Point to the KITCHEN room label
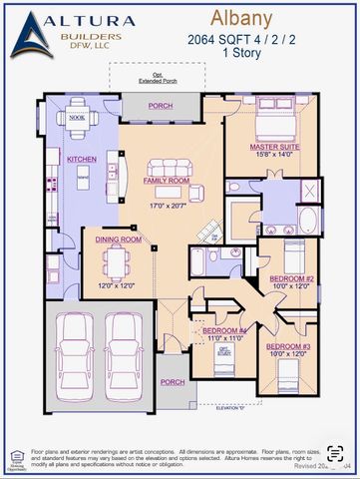[81, 160]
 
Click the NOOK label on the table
[77, 117]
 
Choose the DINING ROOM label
[118, 239]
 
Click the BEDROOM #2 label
[294, 278]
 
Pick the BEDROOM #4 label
[224, 330]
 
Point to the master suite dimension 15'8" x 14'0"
[276, 156]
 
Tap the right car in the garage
[124, 353]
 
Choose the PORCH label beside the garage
[173, 382]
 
